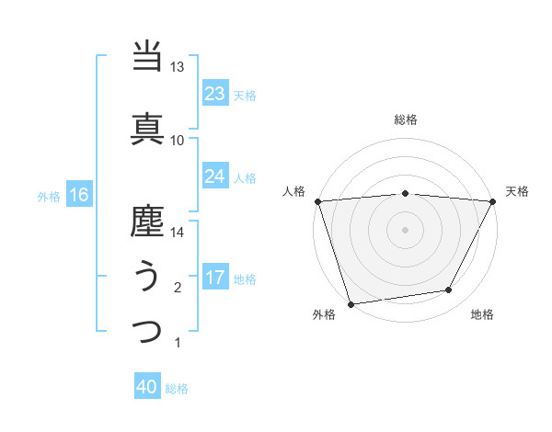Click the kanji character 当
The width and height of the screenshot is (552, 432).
[147, 57]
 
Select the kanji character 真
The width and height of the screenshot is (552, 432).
[147, 128]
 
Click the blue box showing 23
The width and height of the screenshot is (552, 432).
[214, 93]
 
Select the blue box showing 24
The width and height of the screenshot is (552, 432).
[214, 176]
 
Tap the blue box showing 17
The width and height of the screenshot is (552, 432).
[214, 278]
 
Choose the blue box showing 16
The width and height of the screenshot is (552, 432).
[78, 194]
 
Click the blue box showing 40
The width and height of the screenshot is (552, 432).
[147, 387]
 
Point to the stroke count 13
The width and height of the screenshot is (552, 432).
[177, 67]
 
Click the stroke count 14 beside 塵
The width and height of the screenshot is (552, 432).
[177, 233]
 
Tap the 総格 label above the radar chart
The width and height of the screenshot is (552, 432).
[405, 119]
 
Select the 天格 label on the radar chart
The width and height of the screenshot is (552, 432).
[518, 191]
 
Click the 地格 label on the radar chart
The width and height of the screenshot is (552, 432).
[482, 315]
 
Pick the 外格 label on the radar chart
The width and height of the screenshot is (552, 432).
[324, 315]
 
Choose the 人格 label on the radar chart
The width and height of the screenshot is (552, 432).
[293, 191]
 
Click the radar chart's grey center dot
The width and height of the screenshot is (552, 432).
[405, 229]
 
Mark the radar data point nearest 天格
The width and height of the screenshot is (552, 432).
[493, 201]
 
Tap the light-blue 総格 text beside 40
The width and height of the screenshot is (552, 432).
[177, 389]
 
